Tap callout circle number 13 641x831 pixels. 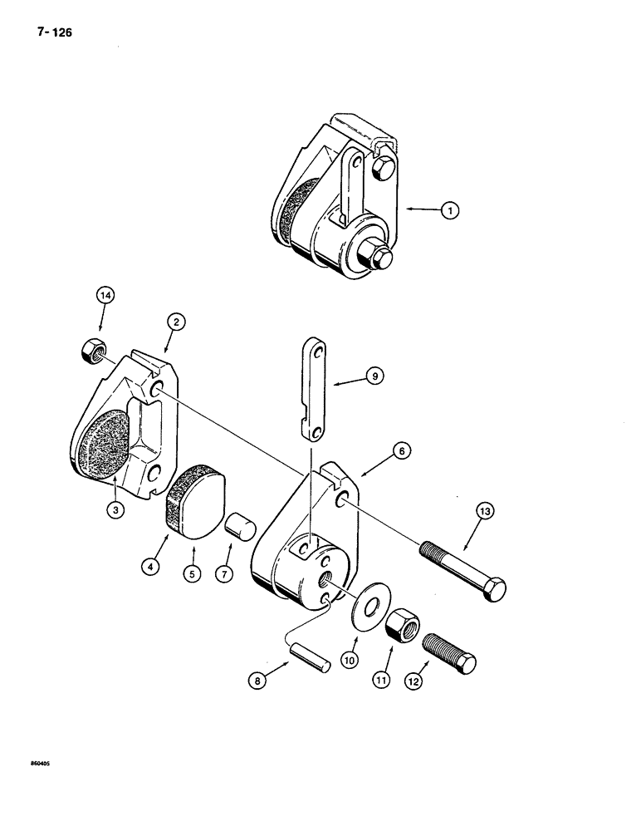(x=484, y=512)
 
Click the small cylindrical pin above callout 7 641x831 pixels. (x=238, y=527)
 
